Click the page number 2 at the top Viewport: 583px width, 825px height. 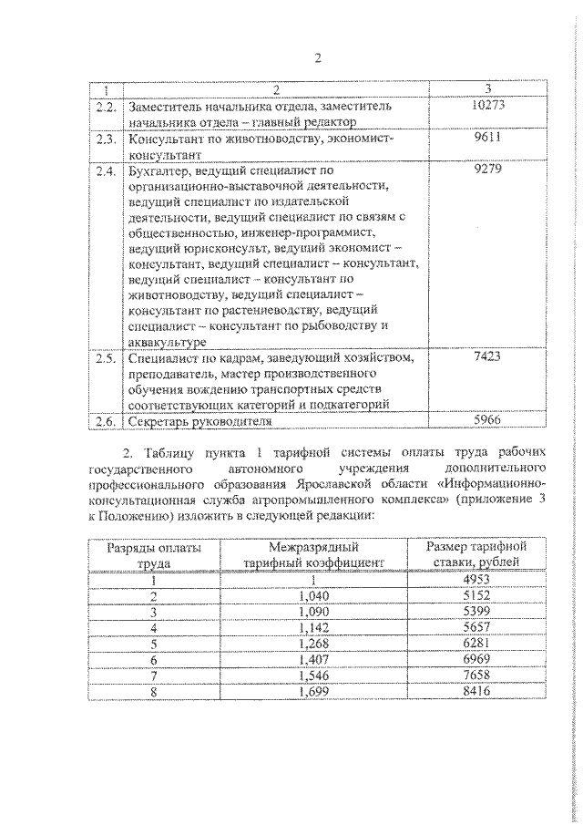click(x=318, y=60)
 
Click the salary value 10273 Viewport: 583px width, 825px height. click(x=489, y=106)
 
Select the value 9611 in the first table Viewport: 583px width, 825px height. click(x=489, y=139)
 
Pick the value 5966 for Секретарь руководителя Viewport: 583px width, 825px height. click(x=489, y=421)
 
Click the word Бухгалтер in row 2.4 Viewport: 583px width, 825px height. click(x=160, y=170)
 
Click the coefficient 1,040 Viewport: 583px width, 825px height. click(x=312, y=595)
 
